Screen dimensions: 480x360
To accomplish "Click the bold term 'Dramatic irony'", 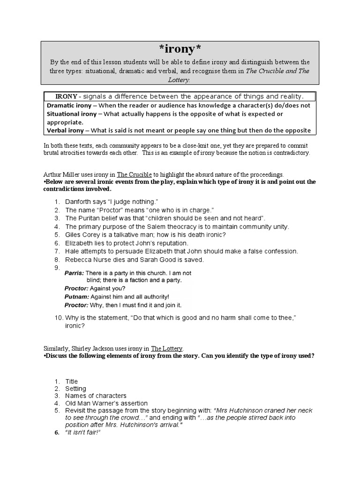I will click(x=67, y=105).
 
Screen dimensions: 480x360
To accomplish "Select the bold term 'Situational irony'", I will click(x=70, y=114).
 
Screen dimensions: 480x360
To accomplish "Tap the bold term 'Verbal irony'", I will click(x=64, y=130).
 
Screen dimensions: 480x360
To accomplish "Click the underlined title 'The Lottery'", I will click(x=167, y=348).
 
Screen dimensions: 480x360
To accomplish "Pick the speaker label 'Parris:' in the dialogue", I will click(x=74, y=273).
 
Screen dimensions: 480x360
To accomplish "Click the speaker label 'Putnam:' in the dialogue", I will click(x=76, y=297).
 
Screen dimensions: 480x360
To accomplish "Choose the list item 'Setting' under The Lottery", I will click(x=75, y=389).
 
